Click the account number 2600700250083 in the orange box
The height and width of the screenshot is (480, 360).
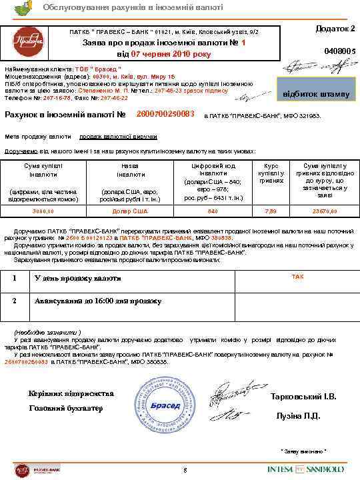165,114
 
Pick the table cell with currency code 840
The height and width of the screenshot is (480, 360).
213,211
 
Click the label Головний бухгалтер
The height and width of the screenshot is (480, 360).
65,407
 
